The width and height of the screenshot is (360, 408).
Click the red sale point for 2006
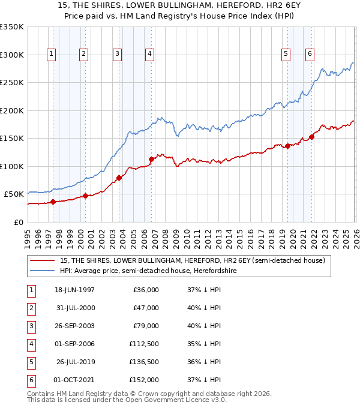[x=151, y=159]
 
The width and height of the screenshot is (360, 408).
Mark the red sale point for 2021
[x=312, y=137]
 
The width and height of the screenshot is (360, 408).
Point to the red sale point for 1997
[x=53, y=202]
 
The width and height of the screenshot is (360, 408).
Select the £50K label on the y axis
[x=14, y=194]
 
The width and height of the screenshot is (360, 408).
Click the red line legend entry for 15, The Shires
[x=192, y=260]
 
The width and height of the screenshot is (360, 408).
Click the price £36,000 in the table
[x=144, y=290]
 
